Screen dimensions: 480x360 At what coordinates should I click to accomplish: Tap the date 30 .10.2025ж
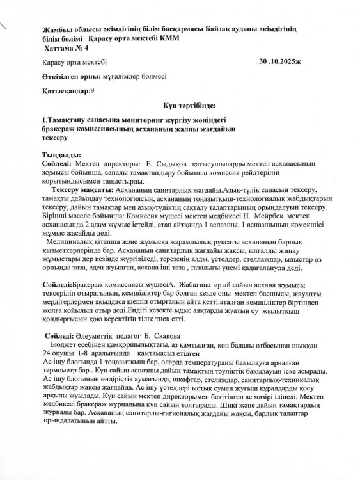(284, 62)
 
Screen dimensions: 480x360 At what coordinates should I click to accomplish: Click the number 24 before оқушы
(46, 353)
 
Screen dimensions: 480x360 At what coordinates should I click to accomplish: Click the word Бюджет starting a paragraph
(62, 344)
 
